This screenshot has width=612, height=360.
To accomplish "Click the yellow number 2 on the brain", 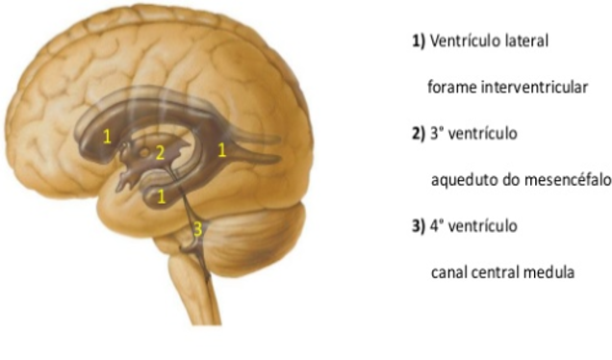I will click(x=161, y=152).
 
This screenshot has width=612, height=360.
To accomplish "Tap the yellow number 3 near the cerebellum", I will click(x=198, y=229).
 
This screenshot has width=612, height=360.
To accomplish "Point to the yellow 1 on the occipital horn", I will click(x=222, y=149).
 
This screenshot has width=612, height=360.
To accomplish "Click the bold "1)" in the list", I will click(x=418, y=41).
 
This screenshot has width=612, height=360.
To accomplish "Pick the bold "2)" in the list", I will click(x=418, y=134).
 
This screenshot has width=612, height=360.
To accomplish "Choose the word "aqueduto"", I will click(x=462, y=180).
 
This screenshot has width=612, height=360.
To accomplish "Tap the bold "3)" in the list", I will click(x=418, y=226).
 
